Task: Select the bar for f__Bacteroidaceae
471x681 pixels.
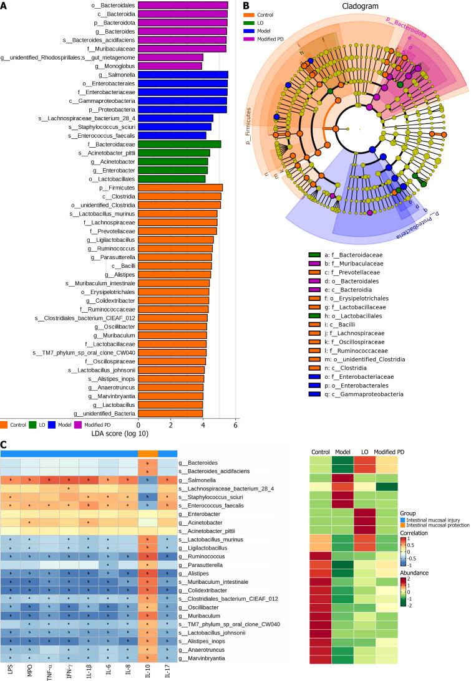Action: point(179,144)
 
